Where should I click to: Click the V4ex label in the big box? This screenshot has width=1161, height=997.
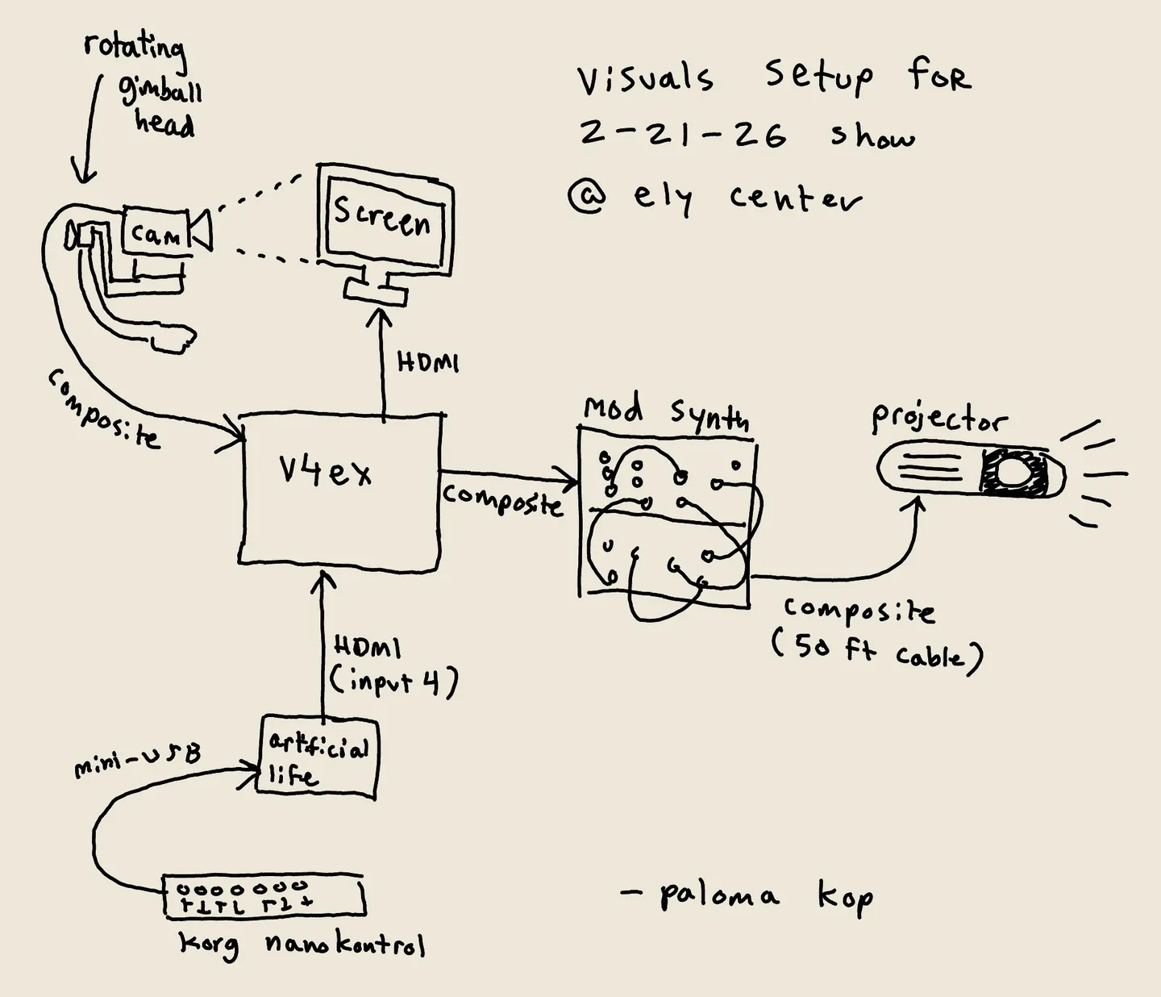click(x=325, y=471)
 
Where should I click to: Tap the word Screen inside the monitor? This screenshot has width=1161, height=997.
click(x=382, y=216)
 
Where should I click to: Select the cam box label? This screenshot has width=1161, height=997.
click(x=156, y=234)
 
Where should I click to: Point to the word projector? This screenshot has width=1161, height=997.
click(x=939, y=419)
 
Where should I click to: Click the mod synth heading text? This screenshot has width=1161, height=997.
click(x=666, y=414)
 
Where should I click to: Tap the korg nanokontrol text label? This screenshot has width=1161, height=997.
click(x=302, y=944)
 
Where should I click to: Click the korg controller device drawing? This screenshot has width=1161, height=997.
click(x=263, y=896)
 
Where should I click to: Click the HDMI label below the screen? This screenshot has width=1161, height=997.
click(x=427, y=363)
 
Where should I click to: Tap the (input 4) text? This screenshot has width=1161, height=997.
click(x=393, y=682)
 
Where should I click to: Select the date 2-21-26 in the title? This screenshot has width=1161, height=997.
click(x=682, y=134)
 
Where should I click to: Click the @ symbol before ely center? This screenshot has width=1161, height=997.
click(x=587, y=196)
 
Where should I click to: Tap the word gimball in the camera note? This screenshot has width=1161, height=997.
click(x=161, y=92)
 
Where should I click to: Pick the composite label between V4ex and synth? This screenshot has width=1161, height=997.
click(x=501, y=499)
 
